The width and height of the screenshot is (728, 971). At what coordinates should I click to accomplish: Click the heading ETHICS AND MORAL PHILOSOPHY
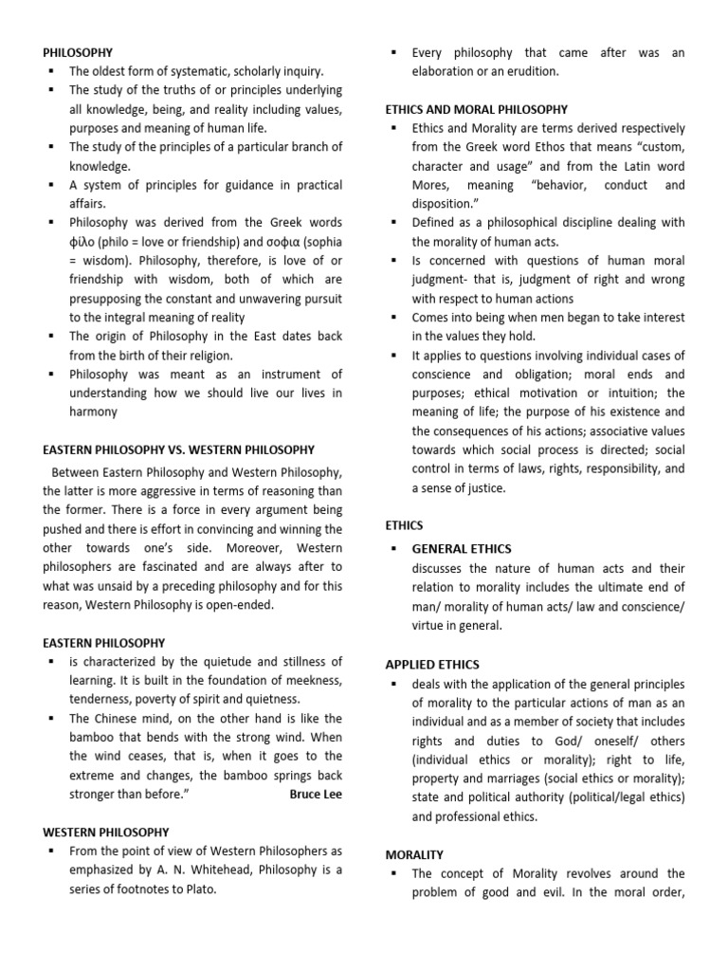click(x=477, y=110)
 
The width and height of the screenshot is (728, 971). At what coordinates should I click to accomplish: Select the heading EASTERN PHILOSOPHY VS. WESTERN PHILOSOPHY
click(x=179, y=449)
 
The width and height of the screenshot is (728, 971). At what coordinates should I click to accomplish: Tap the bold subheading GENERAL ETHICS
click(x=462, y=549)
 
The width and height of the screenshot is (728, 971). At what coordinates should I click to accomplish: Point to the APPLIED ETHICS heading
click(x=432, y=665)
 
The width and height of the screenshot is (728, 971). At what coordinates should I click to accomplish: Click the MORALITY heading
click(x=414, y=854)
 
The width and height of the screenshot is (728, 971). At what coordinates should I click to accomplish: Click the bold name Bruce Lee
click(x=316, y=794)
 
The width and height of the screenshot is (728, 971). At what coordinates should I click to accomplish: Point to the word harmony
click(x=94, y=412)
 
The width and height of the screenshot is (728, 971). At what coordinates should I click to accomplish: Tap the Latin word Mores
click(x=431, y=185)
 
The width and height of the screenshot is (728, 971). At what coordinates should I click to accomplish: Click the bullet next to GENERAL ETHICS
click(x=392, y=549)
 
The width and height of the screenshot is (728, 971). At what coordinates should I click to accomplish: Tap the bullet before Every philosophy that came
click(x=392, y=52)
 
